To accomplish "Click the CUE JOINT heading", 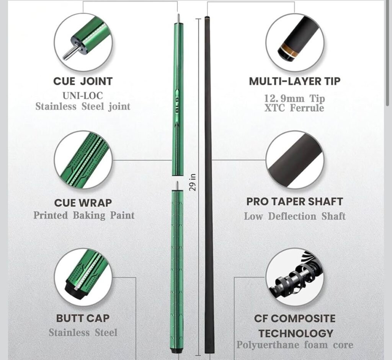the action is coord(83,81).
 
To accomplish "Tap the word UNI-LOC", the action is coord(83,96).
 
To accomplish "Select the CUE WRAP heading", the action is coord(83,203).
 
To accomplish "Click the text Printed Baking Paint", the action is coord(84,215).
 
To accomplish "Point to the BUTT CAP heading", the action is coord(83,318).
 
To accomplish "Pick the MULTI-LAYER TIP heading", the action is coord(294,81).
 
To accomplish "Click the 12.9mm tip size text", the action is coord(294,98).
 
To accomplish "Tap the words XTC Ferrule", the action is coord(294,108).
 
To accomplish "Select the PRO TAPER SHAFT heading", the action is coord(294,202).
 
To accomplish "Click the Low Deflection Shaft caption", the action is coord(295,217).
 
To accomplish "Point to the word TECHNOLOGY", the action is coord(296,333).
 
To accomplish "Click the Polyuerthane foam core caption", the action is coord(295,345).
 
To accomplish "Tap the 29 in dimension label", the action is coord(192,182).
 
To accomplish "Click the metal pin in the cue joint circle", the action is coord(69,52).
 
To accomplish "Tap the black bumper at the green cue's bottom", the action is coord(177,351).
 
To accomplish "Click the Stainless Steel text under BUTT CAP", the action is coord(83,333).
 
